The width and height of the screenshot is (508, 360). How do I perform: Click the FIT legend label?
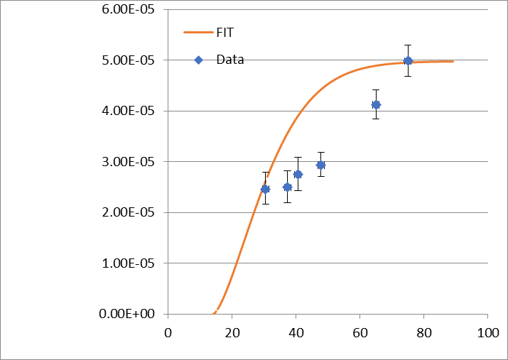[x=225, y=33]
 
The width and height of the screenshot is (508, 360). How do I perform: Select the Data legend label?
[x=230, y=60]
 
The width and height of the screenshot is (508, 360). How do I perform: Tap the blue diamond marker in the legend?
[x=199, y=60]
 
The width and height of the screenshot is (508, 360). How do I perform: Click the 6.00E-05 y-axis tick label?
[x=131, y=10]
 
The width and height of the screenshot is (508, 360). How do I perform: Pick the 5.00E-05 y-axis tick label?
[x=131, y=60]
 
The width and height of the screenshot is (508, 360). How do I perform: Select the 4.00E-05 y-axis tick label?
[x=131, y=111]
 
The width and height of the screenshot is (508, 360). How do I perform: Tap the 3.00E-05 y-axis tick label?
[x=131, y=162]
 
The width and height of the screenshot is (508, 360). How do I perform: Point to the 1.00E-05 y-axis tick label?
[x=131, y=263]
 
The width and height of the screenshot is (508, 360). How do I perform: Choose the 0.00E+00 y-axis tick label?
[x=131, y=314]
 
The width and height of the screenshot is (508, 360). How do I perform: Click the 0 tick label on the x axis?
[x=168, y=331]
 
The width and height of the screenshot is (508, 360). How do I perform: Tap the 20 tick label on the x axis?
[x=232, y=331]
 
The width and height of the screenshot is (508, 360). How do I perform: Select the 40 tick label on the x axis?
[x=296, y=331]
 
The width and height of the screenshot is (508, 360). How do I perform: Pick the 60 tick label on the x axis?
[x=360, y=331]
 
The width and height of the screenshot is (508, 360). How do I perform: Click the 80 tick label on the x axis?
[x=423, y=331]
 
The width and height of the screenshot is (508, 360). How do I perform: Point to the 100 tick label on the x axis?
[x=487, y=331]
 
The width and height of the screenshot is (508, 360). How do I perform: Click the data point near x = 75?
[x=408, y=61]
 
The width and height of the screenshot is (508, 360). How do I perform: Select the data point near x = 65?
[x=376, y=104]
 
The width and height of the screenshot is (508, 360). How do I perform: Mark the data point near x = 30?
[x=265, y=189]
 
